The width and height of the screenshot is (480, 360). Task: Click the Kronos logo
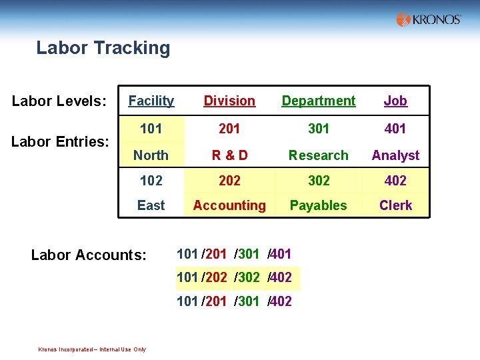coord(428,19)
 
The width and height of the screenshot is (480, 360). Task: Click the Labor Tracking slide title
coord(103,48)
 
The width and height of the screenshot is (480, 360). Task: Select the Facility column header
coord(151,101)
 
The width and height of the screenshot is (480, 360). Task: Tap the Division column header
coord(229,101)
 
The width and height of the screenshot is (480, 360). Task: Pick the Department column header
coord(319,101)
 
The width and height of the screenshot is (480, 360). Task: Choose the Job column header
coord(395,101)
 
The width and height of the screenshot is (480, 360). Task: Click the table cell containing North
coord(151,155)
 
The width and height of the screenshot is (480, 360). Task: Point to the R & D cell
coord(229,155)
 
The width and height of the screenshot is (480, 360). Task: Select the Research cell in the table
coord(319,155)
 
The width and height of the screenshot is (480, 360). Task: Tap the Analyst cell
coord(395,155)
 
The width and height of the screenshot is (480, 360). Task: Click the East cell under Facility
coord(151,205)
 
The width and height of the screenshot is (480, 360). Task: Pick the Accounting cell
coord(229,205)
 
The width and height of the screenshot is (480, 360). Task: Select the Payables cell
coord(319,205)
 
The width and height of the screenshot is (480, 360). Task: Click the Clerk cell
coord(395,205)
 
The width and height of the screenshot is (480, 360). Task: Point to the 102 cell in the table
coord(151,180)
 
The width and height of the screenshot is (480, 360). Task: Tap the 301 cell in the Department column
coord(319,128)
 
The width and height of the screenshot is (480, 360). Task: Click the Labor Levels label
coord(59,101)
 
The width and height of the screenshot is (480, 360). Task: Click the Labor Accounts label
coord(89,255)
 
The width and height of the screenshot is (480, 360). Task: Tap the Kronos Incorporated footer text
coord(92,349)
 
